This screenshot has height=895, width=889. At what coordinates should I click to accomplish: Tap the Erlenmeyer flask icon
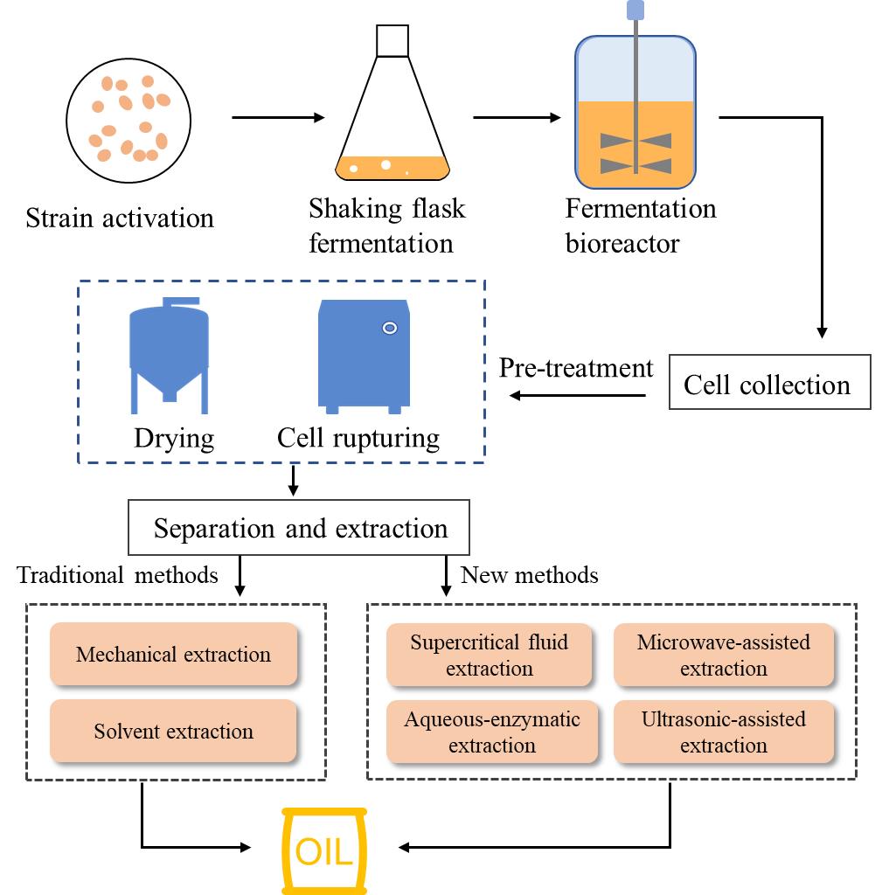(x=392, y=122)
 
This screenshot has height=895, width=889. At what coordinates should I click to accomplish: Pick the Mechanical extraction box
(x=174, y=654)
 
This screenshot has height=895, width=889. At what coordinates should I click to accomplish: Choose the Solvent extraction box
(x=174, y=731)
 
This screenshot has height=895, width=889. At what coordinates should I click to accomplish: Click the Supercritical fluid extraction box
(x=490, y=655)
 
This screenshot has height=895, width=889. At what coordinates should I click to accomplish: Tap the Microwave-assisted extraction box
(x=724, y=655)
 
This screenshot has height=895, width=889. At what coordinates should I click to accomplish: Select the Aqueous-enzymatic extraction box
(x=491, y=732)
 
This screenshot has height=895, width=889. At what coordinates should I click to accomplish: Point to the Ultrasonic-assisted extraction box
(x=724, y=732)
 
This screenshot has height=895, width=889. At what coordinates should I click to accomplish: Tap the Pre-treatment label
(x=576, y=368)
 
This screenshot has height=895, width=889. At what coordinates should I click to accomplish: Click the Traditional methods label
(x=117, y=574)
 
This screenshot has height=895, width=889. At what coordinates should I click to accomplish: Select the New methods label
(x=530, y=574)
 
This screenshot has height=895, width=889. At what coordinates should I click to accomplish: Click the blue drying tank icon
(x=170, y=354)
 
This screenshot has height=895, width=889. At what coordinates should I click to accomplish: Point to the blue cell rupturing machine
(x=365, y=355)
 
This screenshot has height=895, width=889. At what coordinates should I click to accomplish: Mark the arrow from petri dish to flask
(x=277, y=117)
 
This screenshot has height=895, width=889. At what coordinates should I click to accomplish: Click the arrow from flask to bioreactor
(x=517, y=117)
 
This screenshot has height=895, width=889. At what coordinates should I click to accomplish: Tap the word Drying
(x=174, y=437)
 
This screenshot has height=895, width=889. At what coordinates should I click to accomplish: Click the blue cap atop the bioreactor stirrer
(x=635, y=10)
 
